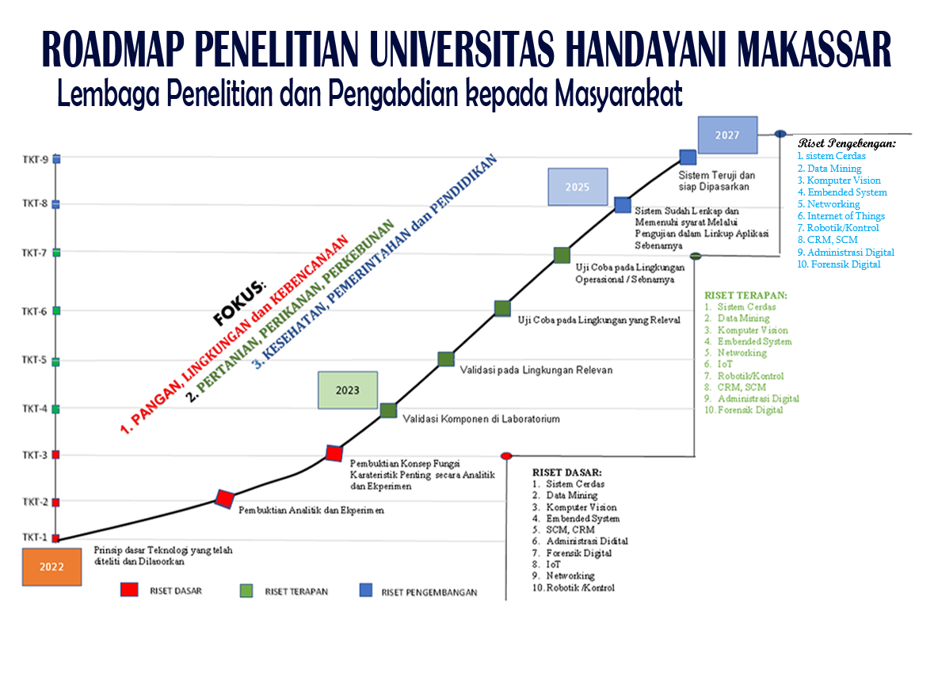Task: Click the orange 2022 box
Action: pyautogui.click(x=52, y=567)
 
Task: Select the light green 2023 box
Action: pyautogui.click(x=348, y=390)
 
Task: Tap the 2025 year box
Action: pyautogui.click(x=578, y=187)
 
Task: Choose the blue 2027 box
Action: pyautogui.click(x=727, y=135)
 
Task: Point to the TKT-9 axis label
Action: pyautogui.click(x=36, y=160)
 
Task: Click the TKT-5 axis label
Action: pyautogui.click(x=34, y=359)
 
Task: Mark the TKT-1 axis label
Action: pyautogui.click(x=35, y=538)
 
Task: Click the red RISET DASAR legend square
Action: pyautogui.click(x=129, y=590)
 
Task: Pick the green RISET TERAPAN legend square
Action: pyautogui.click(x=246, y=591)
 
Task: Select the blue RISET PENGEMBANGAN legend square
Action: pyautogui.click(x=365, y=590)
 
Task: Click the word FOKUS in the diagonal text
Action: pyautogui.click(x=238, y=303)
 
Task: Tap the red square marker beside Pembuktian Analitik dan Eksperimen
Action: pyautogui.click(x=224, y=499)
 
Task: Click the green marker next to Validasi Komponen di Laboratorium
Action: pyautogui.click(x=389, y=410)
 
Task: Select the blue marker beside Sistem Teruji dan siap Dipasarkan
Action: pyautogui.click(x=688, y=158)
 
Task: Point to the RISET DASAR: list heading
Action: pyautogui.click(x=567, y=472)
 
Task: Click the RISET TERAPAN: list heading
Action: pyautogui.click(x=745, y=295)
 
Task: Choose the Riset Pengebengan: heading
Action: pyautogui.click(x=847, y=143)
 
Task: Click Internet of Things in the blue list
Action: pyautogui.click(x=846, y=215)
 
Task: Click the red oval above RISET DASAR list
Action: pyautogui.click(x=506, y=456)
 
